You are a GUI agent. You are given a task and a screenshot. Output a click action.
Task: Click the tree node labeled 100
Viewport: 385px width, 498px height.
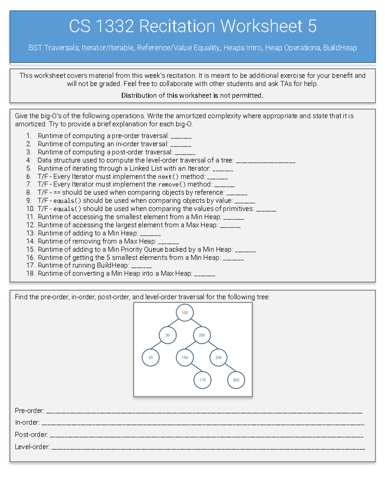coord(185,313)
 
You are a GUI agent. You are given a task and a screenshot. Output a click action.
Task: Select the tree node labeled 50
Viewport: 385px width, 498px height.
coord(167,335)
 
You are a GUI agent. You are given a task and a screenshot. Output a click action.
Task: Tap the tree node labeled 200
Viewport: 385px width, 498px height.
coord(202,335)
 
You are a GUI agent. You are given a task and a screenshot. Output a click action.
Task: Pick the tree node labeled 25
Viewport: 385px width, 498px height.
coord(150,358)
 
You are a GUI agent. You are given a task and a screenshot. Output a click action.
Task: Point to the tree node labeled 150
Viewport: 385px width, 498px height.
coord(185,358)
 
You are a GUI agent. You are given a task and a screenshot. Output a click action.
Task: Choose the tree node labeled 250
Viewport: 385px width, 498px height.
coord(218,358)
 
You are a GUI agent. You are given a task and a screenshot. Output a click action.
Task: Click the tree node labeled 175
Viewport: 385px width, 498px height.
coord(202,380)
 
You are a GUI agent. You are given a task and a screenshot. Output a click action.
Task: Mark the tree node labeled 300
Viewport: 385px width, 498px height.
coord(236,380)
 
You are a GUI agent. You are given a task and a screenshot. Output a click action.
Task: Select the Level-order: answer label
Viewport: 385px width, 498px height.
coord(32,447)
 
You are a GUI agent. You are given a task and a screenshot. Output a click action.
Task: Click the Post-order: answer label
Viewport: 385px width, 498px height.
coord(31,435)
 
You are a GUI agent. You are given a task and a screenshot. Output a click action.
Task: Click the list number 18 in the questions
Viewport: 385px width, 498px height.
coord(30,274)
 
